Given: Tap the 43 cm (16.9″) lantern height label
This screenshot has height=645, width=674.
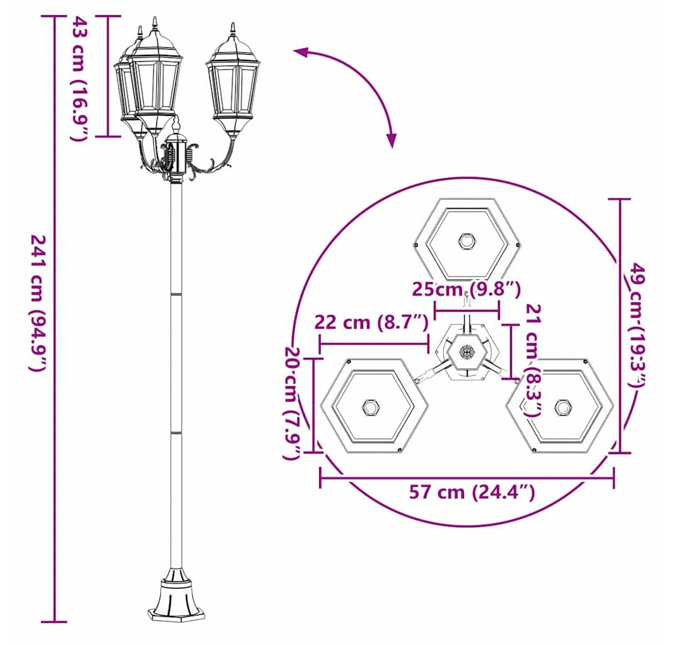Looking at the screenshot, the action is coord(79,78).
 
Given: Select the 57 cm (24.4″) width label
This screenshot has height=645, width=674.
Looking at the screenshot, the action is coord(472,492).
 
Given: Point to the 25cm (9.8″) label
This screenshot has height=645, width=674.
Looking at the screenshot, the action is coord(467,288).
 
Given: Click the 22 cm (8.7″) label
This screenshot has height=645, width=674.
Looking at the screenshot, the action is coord(371,322).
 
